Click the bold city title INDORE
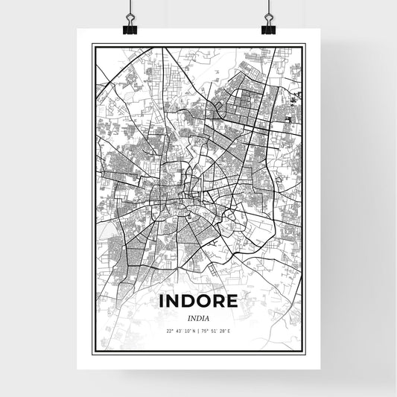coord(198,302)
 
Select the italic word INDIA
coord(198,318)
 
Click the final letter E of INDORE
coord(232,302)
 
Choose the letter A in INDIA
coord(207,318)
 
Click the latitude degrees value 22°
coord(170,331)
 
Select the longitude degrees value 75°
coord(206,331)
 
